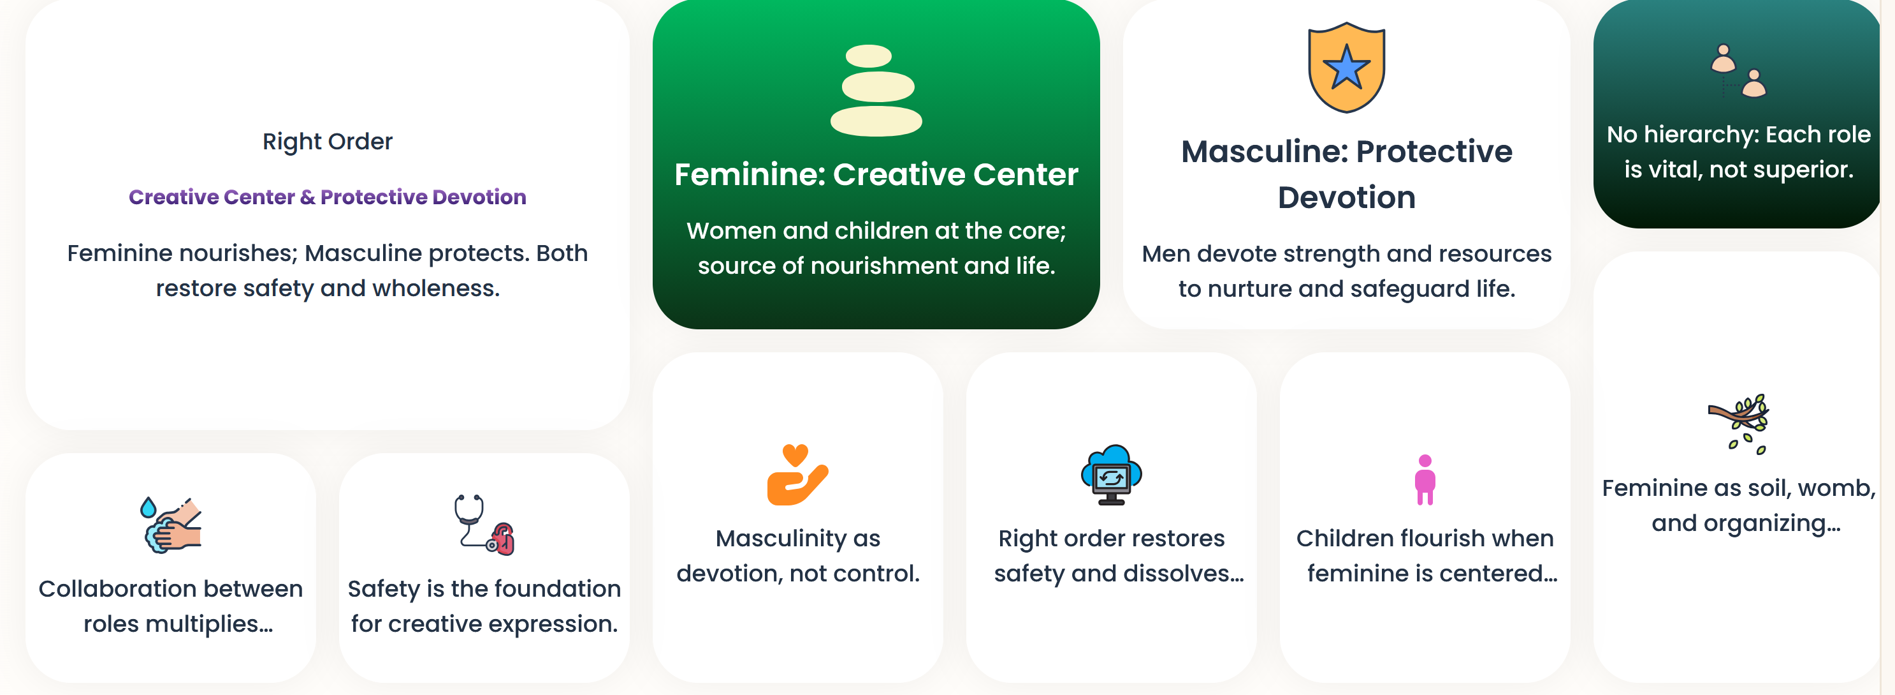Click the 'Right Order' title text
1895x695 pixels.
328,141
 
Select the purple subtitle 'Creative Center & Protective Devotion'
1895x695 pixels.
328,197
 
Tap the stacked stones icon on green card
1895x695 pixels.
875,91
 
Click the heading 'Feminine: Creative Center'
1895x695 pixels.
875,174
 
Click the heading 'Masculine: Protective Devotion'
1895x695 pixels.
1346,174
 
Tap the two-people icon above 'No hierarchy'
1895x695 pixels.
1738,71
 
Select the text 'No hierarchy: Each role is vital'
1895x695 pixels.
1738,152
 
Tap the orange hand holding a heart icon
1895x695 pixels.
797,475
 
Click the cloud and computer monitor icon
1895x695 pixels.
1111,475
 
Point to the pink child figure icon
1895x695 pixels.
1425,479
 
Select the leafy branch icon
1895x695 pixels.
1738,424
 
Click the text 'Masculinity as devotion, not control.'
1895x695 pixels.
797,556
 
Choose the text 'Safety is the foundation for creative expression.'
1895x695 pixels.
484,606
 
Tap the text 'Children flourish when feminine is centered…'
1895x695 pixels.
1425,556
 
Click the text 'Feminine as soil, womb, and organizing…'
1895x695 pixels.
1738,505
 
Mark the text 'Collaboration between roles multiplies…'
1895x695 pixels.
171,606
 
